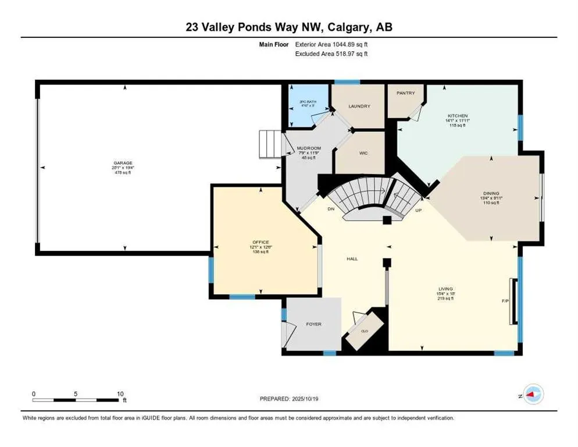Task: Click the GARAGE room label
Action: [123, 163]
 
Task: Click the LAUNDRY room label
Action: [359, 107]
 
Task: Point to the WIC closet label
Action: [363, 153]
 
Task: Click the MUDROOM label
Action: [309, 148]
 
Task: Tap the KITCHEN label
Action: [457, 116]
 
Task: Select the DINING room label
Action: [491, 193]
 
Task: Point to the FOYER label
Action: [313, 324]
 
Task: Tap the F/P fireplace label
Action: [505, 301]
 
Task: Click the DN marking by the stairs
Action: [331, 208]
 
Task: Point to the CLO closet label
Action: [365, 331]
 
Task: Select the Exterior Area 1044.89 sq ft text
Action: [331, 44]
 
